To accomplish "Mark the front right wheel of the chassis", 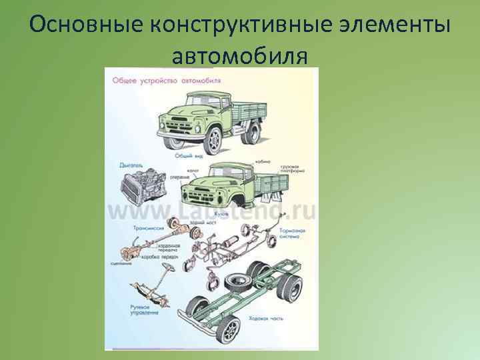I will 228,328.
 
